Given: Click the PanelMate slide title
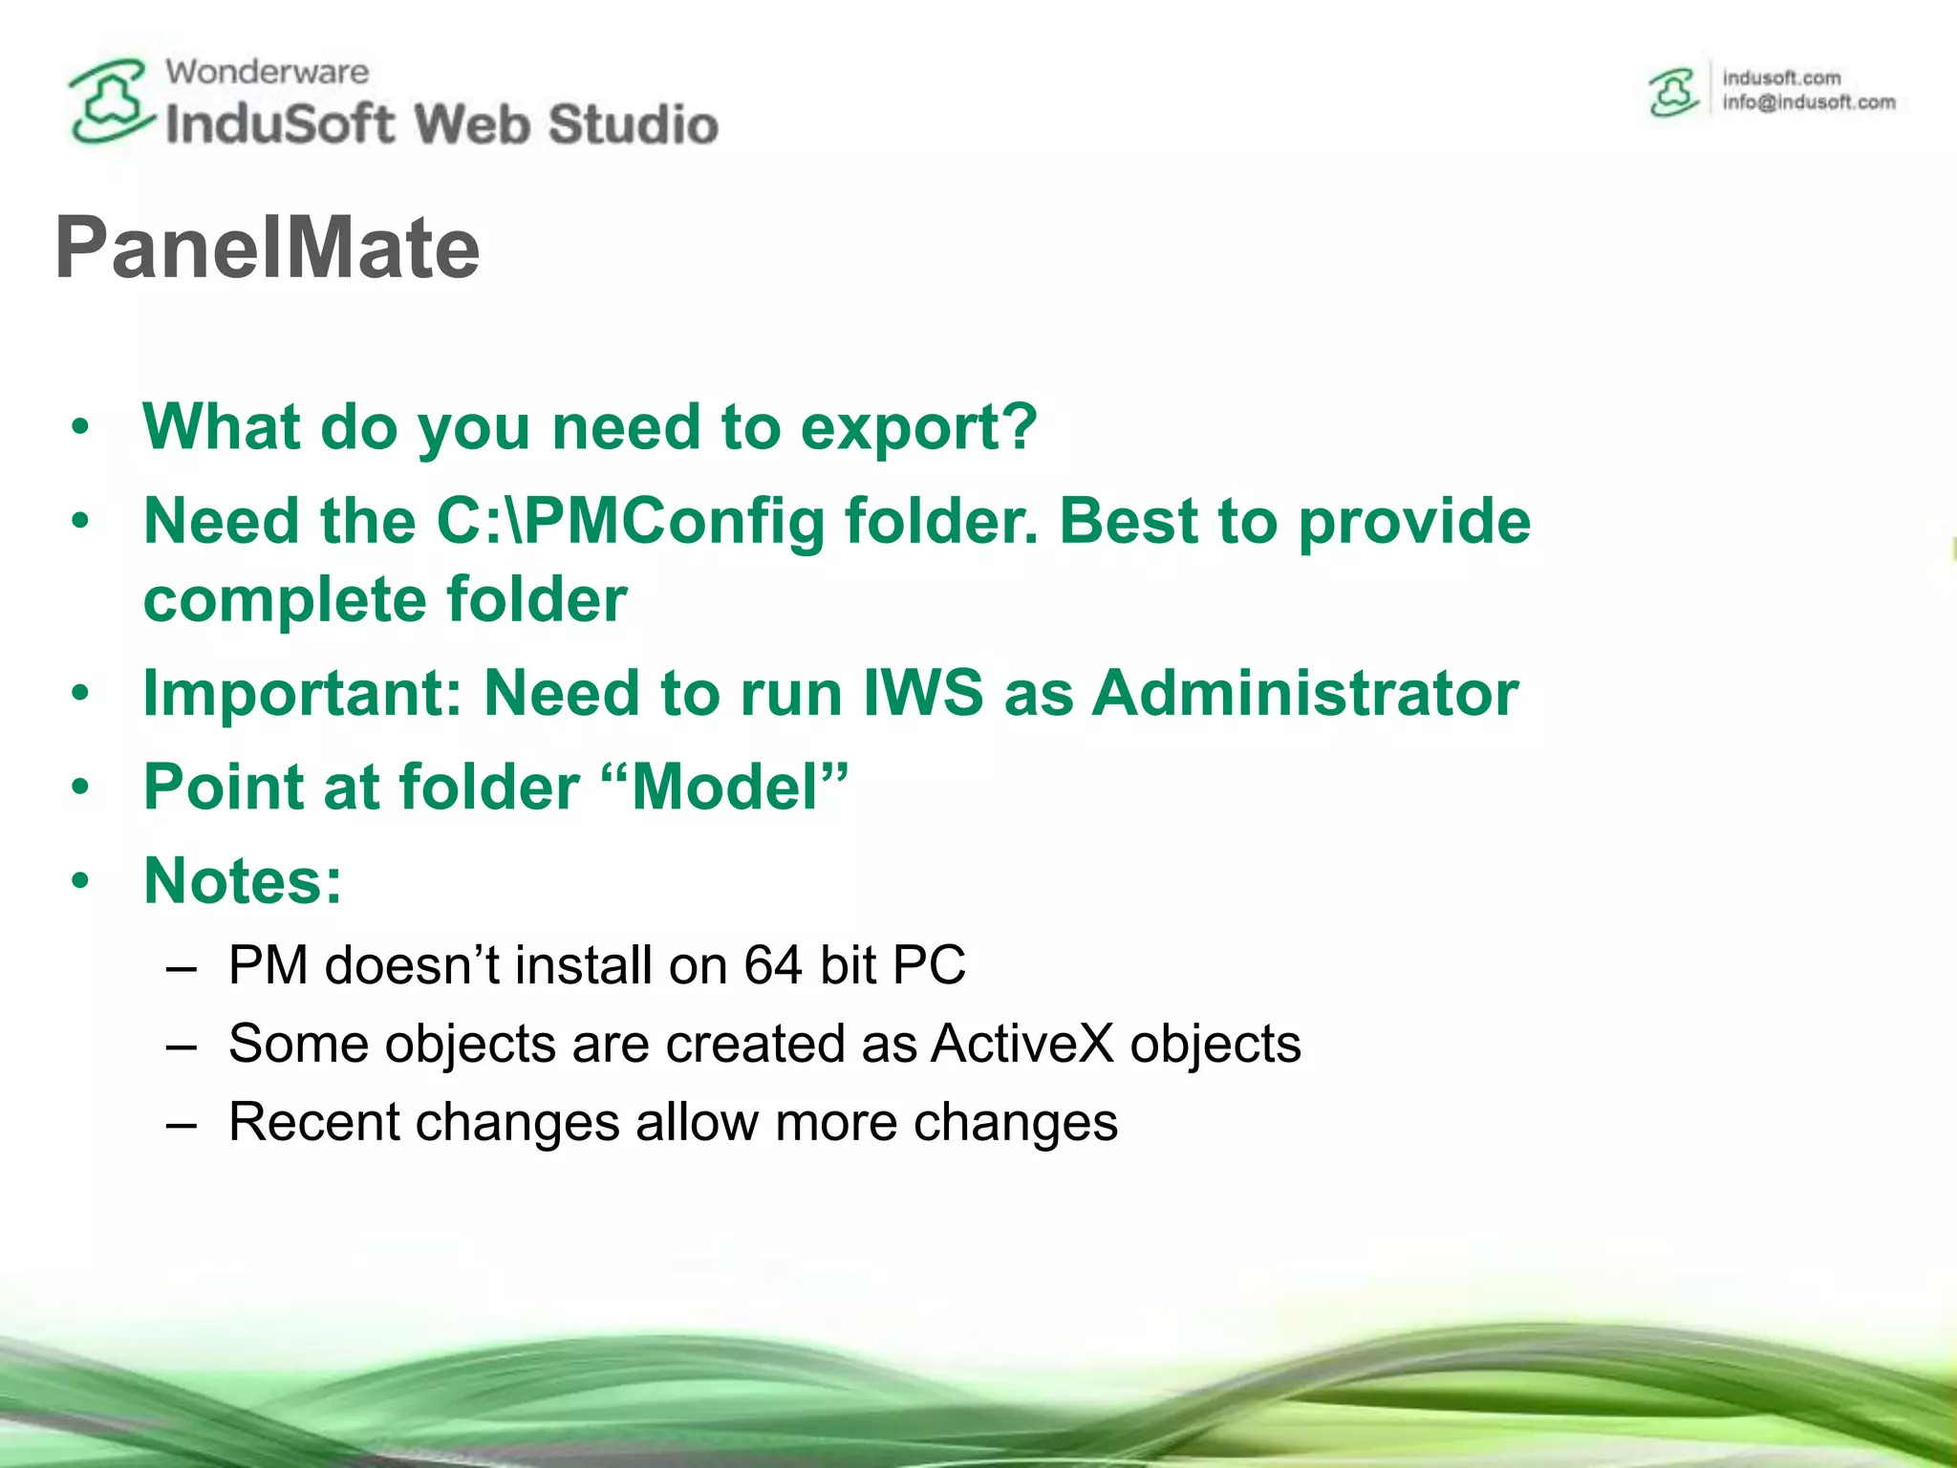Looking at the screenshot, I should pos(268,248).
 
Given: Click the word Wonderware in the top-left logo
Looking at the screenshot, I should pos(267,72).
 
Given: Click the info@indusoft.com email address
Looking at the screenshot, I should pos(1808,102).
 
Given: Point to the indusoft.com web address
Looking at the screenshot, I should pos(1781,77).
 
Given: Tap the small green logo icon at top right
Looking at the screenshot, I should pos(1673,93).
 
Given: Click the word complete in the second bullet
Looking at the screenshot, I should pos(284,600).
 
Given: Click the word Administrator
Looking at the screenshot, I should pos(1304,693).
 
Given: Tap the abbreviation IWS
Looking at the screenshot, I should pos(922,693).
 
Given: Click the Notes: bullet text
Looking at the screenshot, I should pos(243,880).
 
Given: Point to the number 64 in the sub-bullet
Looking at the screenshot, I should pos(772,965).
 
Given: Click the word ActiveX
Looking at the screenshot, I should pos(1022,1044).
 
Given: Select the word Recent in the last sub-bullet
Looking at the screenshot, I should pos(313,1122).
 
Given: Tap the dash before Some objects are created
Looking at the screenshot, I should pos(181,1046).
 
